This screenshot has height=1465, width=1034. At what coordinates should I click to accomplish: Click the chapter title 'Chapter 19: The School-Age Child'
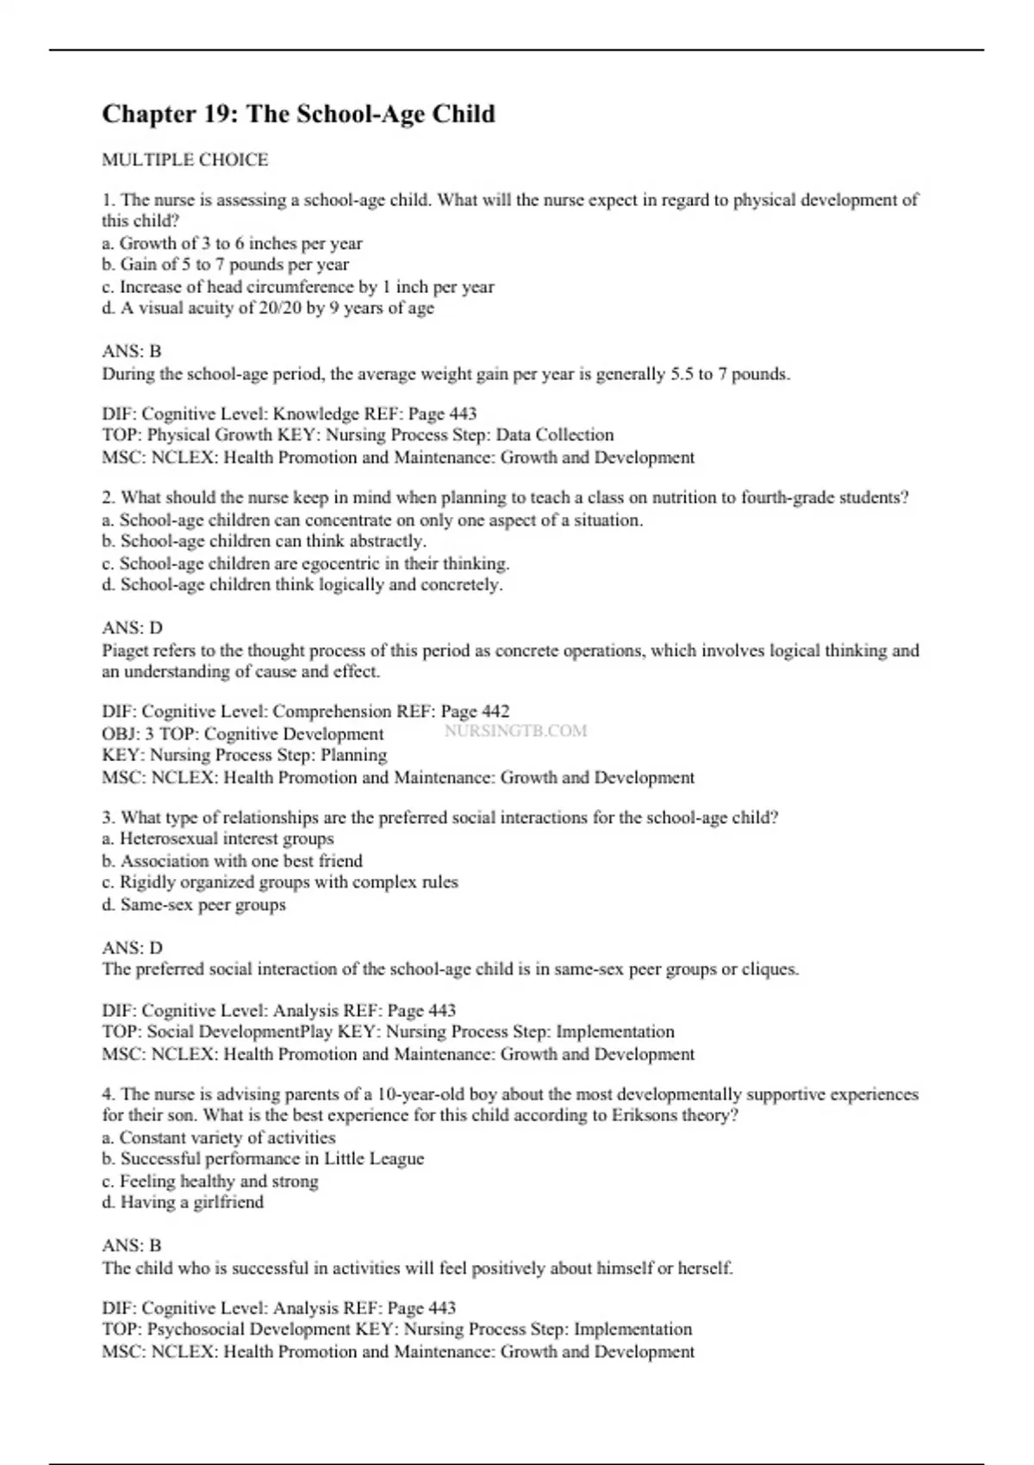pos(298,114)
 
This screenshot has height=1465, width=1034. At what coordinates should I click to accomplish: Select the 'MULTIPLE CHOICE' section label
pos(185,159)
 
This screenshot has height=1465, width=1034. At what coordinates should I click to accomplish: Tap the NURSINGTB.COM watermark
pos(515,731)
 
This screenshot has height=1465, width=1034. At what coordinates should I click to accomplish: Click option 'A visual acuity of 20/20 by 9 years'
pos(268,308)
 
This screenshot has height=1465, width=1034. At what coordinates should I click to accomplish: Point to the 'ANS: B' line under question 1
pos(132,351)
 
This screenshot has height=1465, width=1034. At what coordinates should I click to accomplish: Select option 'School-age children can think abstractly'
pos(265,541)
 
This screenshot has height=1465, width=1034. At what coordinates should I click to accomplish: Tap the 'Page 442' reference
pos(475,711)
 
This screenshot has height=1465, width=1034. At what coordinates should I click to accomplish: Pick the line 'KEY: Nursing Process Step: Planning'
pos(245,755)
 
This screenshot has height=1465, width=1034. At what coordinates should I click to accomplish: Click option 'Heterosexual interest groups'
pos(218,838)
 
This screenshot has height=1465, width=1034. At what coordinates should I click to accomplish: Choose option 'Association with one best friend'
pos(233,860)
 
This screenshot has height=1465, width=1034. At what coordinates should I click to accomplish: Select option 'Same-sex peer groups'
pos(194,904)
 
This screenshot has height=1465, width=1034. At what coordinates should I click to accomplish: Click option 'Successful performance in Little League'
pos(264,1158)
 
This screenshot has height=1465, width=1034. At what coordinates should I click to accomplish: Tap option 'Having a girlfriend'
pos(184,1201)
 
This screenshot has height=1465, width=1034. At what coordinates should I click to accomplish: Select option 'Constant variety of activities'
pos(219,1137)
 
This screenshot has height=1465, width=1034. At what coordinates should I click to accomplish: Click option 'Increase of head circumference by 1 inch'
pos(298,286)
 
